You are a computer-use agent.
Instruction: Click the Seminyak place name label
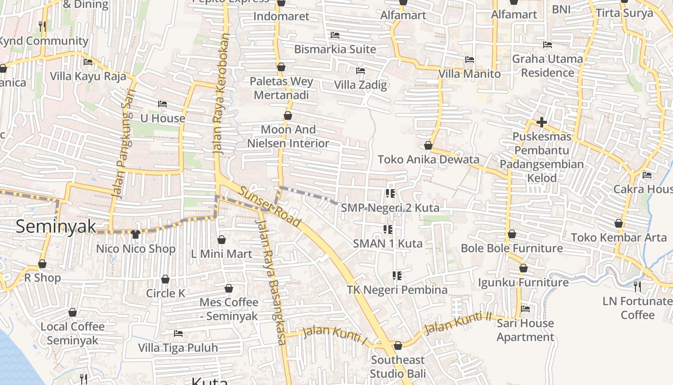pos(56,226)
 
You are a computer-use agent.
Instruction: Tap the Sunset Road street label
pos(270,207)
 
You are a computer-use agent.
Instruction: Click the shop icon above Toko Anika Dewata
pos(428,145)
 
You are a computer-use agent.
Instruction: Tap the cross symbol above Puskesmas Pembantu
pos(542,122)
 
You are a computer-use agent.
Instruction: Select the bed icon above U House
pos(162,104)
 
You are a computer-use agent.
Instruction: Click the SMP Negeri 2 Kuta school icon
pos(390,193)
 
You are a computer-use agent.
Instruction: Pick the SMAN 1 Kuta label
pos(387,244)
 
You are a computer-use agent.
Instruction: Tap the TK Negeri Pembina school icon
pos(397,276)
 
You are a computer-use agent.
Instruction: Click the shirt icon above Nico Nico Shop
pos(136,234)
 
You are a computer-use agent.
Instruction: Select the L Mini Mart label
pos(221,254)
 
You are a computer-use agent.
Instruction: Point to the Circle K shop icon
pos(165,279)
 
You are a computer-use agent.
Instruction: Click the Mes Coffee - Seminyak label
pos(229,309)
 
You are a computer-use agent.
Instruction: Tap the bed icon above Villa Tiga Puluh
pos(178,333)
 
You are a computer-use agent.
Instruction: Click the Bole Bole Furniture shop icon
pos(512,234)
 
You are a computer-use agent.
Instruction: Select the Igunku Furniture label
pos(523,282)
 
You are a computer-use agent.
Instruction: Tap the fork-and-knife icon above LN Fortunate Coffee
pos(637,287)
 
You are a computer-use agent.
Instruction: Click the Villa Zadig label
pos(361,85)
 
